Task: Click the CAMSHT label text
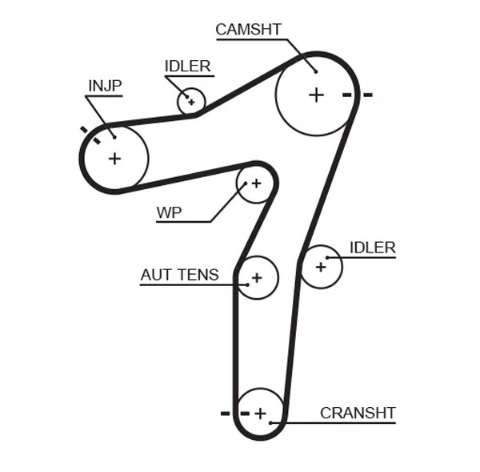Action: click(248, 30)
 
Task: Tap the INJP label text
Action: click(104, 86)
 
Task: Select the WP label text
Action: click(169, 212)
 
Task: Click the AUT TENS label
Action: click(179, 275)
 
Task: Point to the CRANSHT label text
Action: click(358, 414)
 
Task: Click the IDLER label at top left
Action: click(187, 67)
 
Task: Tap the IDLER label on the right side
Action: click(372, 248)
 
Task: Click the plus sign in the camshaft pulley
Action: click(316, 95)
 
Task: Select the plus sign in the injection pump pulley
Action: click(114, 158)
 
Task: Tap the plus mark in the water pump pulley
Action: click(256, 184)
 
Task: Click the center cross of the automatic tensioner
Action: click(256, 278)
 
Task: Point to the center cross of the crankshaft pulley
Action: click(259, 414)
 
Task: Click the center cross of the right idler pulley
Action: click(321, 266)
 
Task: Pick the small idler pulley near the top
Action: click(191, 102)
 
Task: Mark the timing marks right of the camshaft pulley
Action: click(357, 95)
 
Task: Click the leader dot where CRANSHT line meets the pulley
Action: click(272, 422)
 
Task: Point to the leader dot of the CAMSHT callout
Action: click(315, 71)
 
